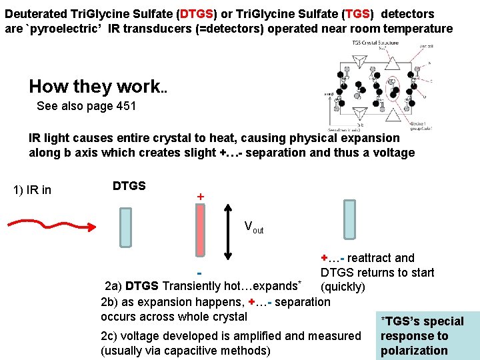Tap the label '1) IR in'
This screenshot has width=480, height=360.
pos(32,190)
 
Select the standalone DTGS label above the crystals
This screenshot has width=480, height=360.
pos(129,186)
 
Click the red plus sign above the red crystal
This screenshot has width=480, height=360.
pos(200,197)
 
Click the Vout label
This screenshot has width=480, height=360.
pos(254,227)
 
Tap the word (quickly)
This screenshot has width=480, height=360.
pos(343,287)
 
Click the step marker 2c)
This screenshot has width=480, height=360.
pos(111,336)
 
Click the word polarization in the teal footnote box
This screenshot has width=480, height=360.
pos(414,351)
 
